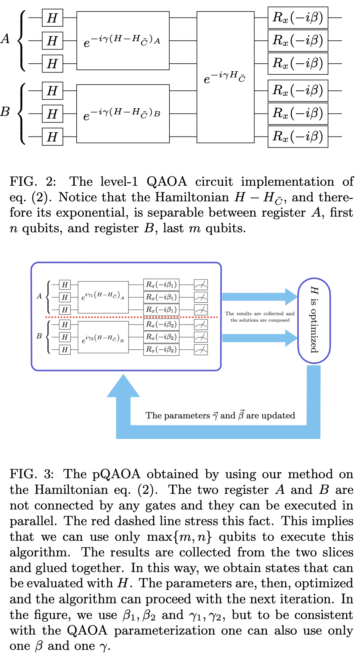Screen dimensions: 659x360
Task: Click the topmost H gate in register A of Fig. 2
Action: (x=52, y=18)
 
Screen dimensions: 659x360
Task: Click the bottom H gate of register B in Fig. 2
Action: (x=52, y=137)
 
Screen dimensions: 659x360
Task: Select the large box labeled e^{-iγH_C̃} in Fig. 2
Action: (x=225, y=77)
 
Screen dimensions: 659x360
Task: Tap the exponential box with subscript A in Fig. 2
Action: (x=123, y=41)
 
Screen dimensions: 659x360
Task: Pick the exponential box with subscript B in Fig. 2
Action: (x=123, y=114)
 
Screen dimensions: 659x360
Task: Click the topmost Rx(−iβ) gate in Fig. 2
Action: (x=298, y=18)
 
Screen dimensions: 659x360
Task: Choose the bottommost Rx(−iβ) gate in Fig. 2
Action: (x=298, y=137)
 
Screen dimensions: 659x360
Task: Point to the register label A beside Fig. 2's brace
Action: (x=5, y=39)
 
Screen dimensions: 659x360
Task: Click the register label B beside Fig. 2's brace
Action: (x=5, y=112)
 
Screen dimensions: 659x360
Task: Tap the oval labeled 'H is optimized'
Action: (x=314, y=320)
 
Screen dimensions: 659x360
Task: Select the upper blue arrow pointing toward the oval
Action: (x=259, y=297)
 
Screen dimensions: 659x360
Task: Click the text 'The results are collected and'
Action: (x=260, y=313)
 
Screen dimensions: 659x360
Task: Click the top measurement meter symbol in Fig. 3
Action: (x=201, y=284)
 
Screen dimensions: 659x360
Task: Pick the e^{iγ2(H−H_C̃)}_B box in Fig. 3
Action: (x=103, y=337)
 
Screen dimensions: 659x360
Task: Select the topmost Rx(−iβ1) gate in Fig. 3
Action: (x=161, y=284)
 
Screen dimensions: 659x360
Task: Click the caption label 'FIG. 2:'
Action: (x=33, y=182)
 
